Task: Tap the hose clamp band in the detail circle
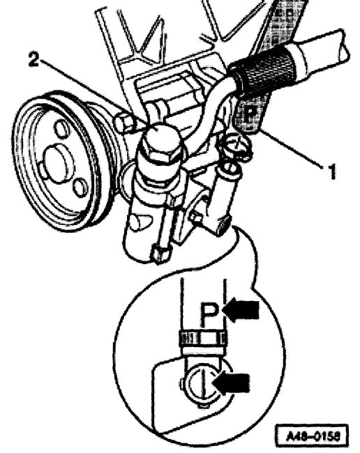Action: point(202,340)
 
